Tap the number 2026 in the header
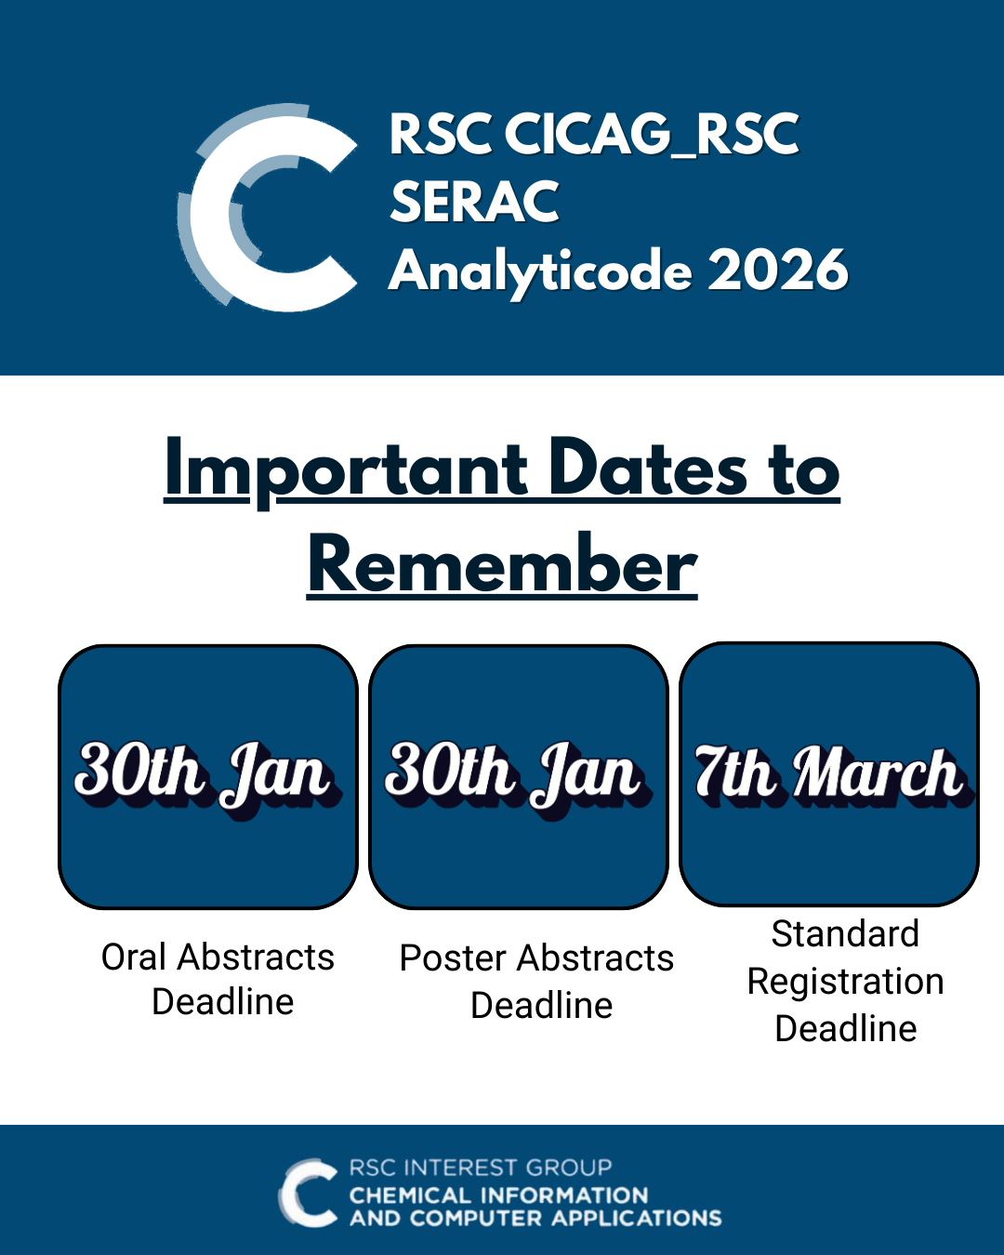778,270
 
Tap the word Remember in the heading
502,566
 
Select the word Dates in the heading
648,470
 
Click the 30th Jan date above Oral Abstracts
207,778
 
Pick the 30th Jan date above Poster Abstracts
518,778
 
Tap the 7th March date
833,775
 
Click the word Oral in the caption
134,958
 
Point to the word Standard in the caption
845,933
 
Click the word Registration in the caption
845,982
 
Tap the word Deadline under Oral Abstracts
223,1002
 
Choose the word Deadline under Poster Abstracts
542,1006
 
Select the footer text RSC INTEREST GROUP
481,1168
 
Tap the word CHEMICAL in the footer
413,1196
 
